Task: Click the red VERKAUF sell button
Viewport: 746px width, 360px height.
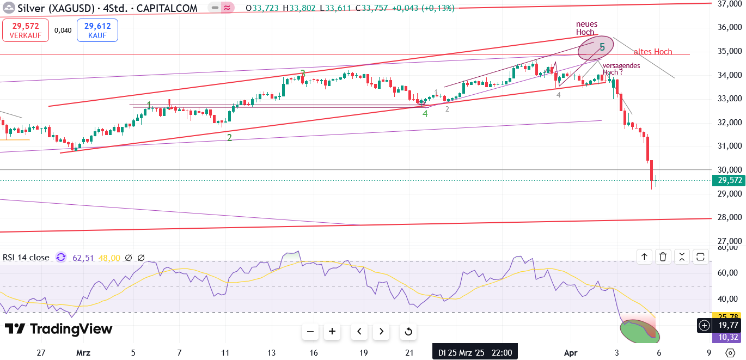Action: coord(25,30)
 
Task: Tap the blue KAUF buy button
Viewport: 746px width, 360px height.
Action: coord(97,30)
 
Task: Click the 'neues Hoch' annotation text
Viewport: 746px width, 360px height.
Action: coord(586,28)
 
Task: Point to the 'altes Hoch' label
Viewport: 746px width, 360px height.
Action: coord(653,52)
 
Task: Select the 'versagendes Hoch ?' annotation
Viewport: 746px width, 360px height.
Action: coord(621,69)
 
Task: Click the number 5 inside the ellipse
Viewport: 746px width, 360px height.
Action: coord(602,47)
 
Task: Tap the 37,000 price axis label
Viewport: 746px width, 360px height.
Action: coord(729,4)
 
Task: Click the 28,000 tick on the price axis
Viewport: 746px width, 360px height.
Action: coord(729,217)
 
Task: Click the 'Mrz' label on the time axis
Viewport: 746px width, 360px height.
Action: coord(83,352)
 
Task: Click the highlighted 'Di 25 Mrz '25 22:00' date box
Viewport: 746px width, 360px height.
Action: coord(475,352)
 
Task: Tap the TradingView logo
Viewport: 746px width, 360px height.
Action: coord(59,329)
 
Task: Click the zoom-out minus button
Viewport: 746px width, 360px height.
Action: coord(310,331)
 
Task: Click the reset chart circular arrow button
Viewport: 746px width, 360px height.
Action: coord(408,331)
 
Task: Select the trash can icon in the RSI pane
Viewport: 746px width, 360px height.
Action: coord(663,257)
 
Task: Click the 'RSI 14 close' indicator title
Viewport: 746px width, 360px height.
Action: coord(26,258)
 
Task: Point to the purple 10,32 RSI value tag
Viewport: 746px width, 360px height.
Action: coord(729,337)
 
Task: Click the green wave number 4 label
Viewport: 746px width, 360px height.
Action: coord(425,114)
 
